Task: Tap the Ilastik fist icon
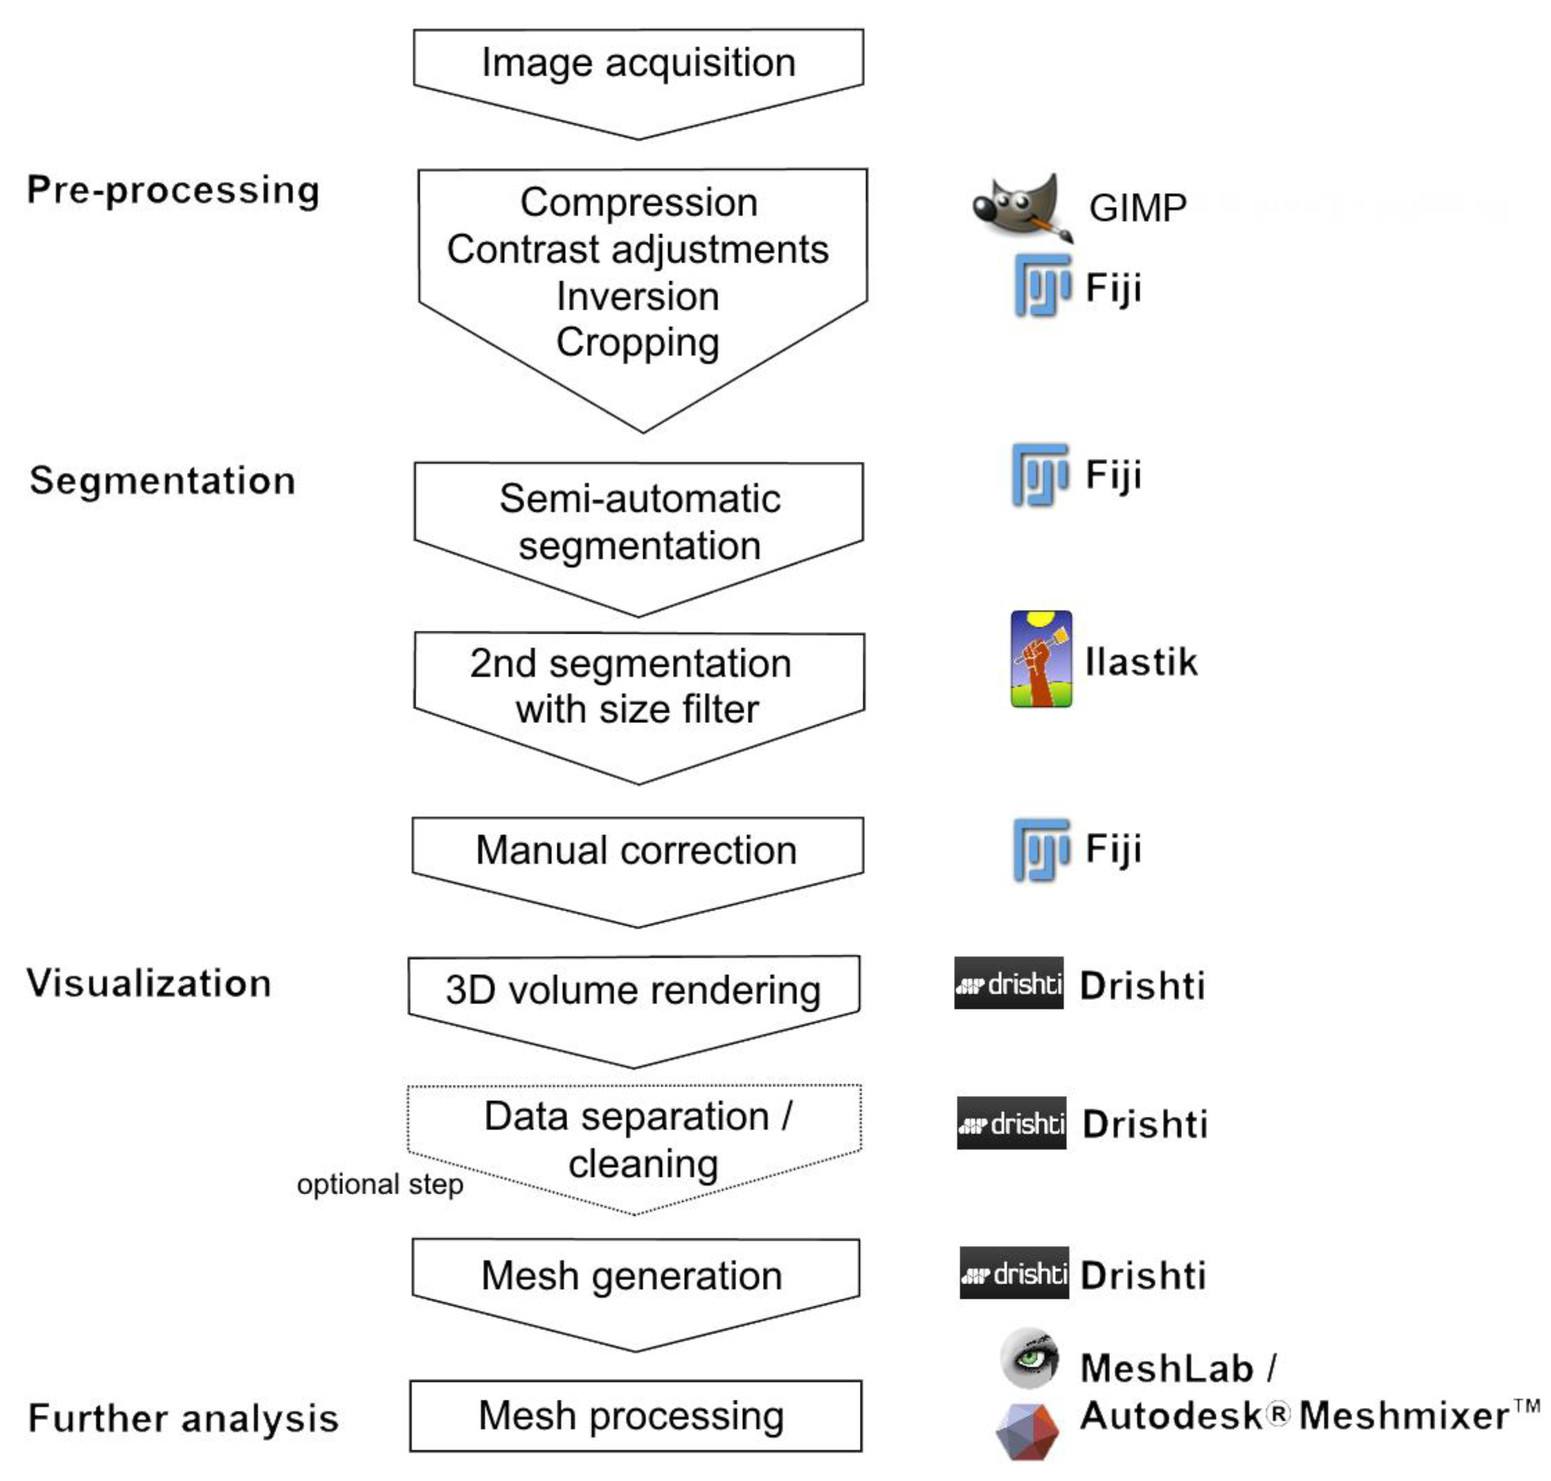[x=1041, y=658]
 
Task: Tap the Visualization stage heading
[x=149, y=984]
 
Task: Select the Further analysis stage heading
[x=183, y=1418]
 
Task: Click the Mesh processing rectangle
[x=635, y=1415]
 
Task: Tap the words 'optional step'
[x=380, y=1184]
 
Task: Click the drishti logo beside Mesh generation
[x=1014, y=1272]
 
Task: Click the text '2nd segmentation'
[x=631, y=663]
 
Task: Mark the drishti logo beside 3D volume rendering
[x=1008, y=983]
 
